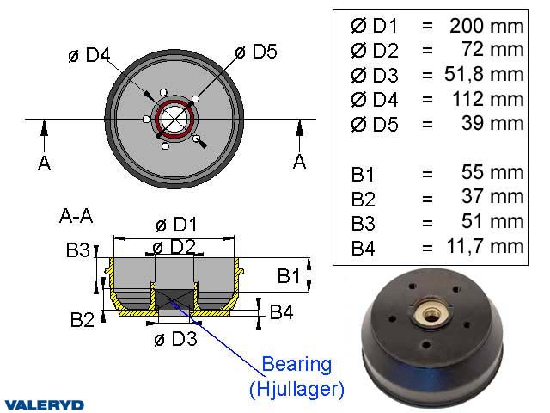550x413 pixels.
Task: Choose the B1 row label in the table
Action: (x=363, y=174)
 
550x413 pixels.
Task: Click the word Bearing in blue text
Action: (x=296, y=364)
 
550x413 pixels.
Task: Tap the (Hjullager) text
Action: (x=296, y=389)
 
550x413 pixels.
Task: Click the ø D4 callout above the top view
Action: (x=89, y=56)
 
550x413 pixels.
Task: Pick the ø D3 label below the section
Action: (x=175, y=338)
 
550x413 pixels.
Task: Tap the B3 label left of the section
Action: (x=77, y=251)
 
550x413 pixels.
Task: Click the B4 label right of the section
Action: (x=281, y=311)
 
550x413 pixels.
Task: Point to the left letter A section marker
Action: (x=44, y=162)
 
